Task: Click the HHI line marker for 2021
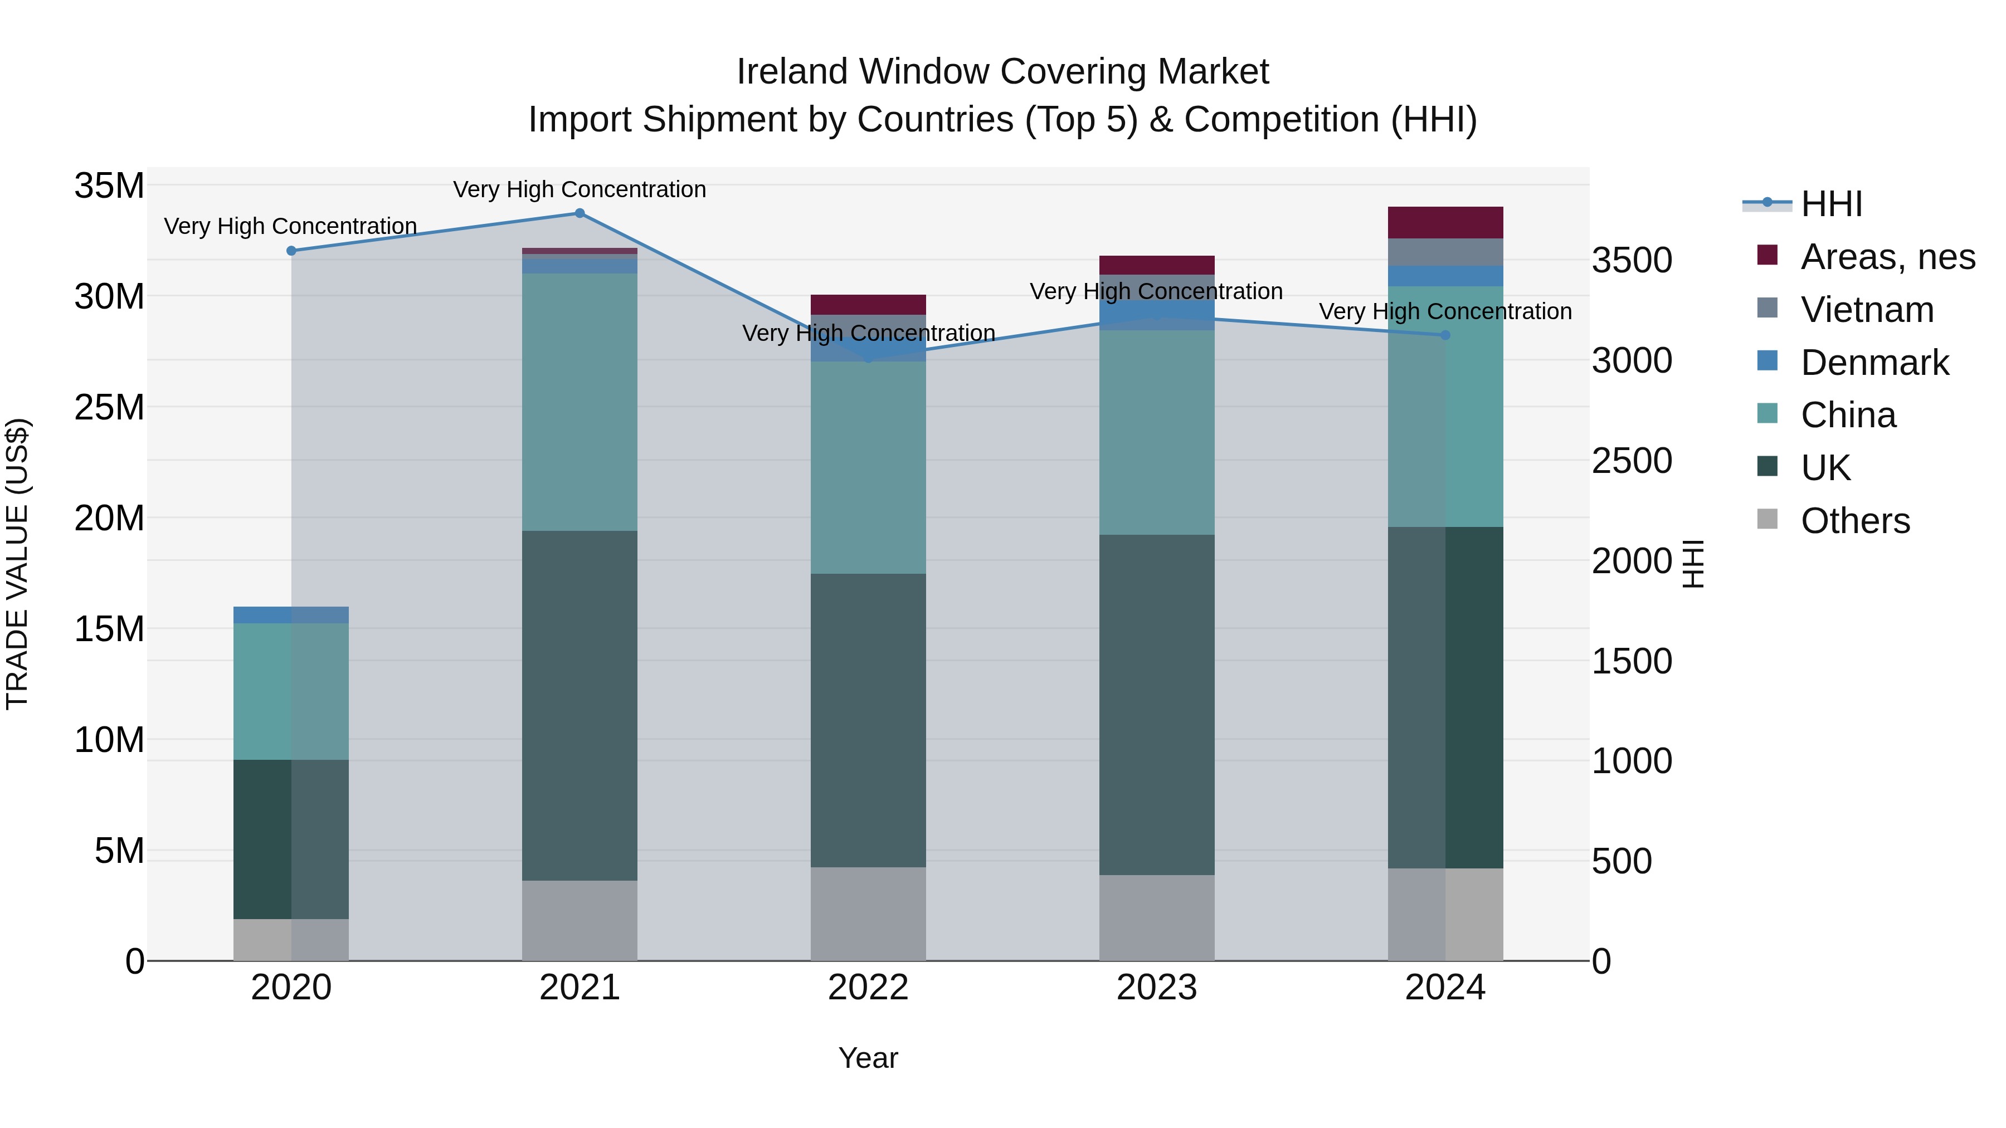[x=580, y=213]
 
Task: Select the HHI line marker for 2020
[x=291, y=251]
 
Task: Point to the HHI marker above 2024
[x=1445, y=335]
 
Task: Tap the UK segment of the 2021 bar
[x=580, y=705]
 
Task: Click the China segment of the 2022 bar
[x=868, y=467]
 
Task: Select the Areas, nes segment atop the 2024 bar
[x=1445, y=223]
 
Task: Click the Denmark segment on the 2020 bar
[x=291, y=614]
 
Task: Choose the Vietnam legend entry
[x=1867, y=310]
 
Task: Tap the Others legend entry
[x=1855, y=521]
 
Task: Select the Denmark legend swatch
[x=1768, y=361]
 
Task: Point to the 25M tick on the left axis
[x=109, y=407]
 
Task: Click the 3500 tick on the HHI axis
[x=1632, y=260]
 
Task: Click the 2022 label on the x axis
[x=868, y=988]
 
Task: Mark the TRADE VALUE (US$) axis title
[x=17, y=564]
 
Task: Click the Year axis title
[x=868, y=1058]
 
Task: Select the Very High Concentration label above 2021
[x=580, y=189]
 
